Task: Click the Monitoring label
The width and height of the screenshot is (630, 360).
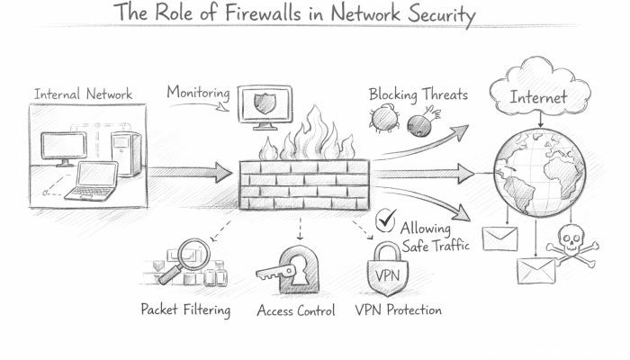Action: (199, 93)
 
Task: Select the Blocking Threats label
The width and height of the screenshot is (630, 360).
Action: (418, 94)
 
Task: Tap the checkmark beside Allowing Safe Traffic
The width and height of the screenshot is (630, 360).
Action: (387, 219)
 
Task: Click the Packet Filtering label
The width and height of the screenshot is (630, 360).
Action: (185, 311)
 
